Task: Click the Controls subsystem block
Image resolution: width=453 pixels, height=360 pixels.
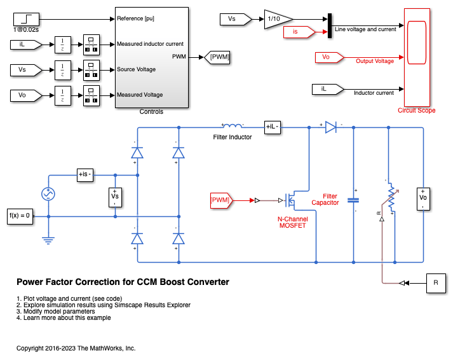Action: (151, 58)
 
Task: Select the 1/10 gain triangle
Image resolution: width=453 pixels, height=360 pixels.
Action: (278, 19)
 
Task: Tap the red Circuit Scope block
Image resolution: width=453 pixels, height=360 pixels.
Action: (417, 57)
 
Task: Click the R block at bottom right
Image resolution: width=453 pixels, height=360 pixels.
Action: (436, 282)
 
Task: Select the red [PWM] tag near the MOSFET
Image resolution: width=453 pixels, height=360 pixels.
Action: (221, 200)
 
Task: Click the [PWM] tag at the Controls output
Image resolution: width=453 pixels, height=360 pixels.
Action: (220, 57)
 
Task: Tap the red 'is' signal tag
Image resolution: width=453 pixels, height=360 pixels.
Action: (306, 31)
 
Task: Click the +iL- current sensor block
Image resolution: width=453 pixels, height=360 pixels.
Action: (272, 127)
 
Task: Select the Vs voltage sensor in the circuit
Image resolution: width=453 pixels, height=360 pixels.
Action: (115, 198)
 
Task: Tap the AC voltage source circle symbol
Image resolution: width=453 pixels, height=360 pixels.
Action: (48, 194)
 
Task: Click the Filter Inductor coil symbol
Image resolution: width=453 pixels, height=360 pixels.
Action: (233, 126)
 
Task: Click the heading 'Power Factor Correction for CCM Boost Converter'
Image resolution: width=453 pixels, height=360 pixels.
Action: (123, 282)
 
